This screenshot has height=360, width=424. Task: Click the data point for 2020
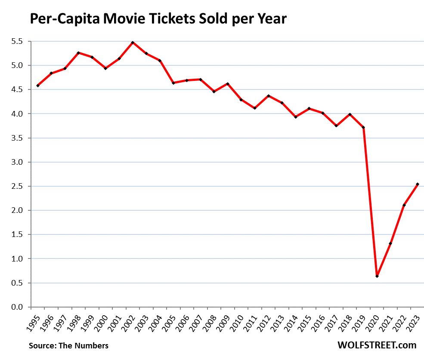pyautogui.click(x=377, y=276)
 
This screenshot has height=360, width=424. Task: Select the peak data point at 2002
pyautogui.click(x=133, y=43)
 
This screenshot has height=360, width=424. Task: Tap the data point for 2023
pyautogui.click(x=418, y=184)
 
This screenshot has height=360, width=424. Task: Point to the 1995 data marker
pyautogui.click(x=37, y=86)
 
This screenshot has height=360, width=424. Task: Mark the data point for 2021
pyautogui.click(x=390, y=243)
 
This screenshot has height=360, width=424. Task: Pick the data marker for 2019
pyautogui.click(x=364, y=127)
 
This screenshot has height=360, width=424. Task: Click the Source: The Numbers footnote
pyautogui.click(x=68, y=345)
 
